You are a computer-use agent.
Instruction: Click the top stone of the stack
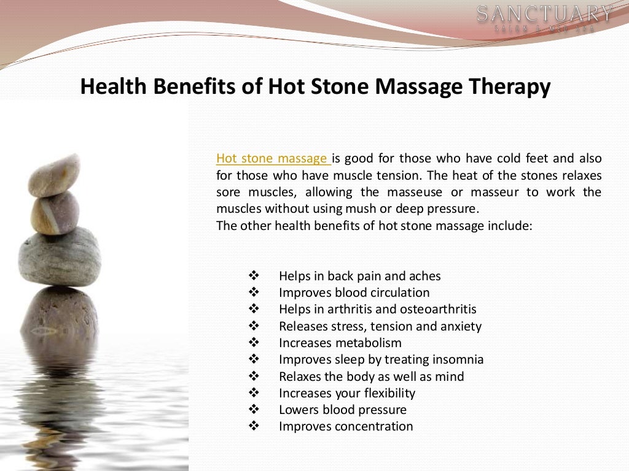(55, 175)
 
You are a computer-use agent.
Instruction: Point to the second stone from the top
(55, 213)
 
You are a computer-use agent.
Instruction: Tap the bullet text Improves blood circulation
(354, 293)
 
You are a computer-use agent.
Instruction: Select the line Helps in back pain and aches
(359, 276)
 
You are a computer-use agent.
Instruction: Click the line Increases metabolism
(340, 343)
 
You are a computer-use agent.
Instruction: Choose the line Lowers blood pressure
(342, 410)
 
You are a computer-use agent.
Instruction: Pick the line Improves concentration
(346, 426)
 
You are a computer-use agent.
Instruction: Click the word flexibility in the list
(386, 393)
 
